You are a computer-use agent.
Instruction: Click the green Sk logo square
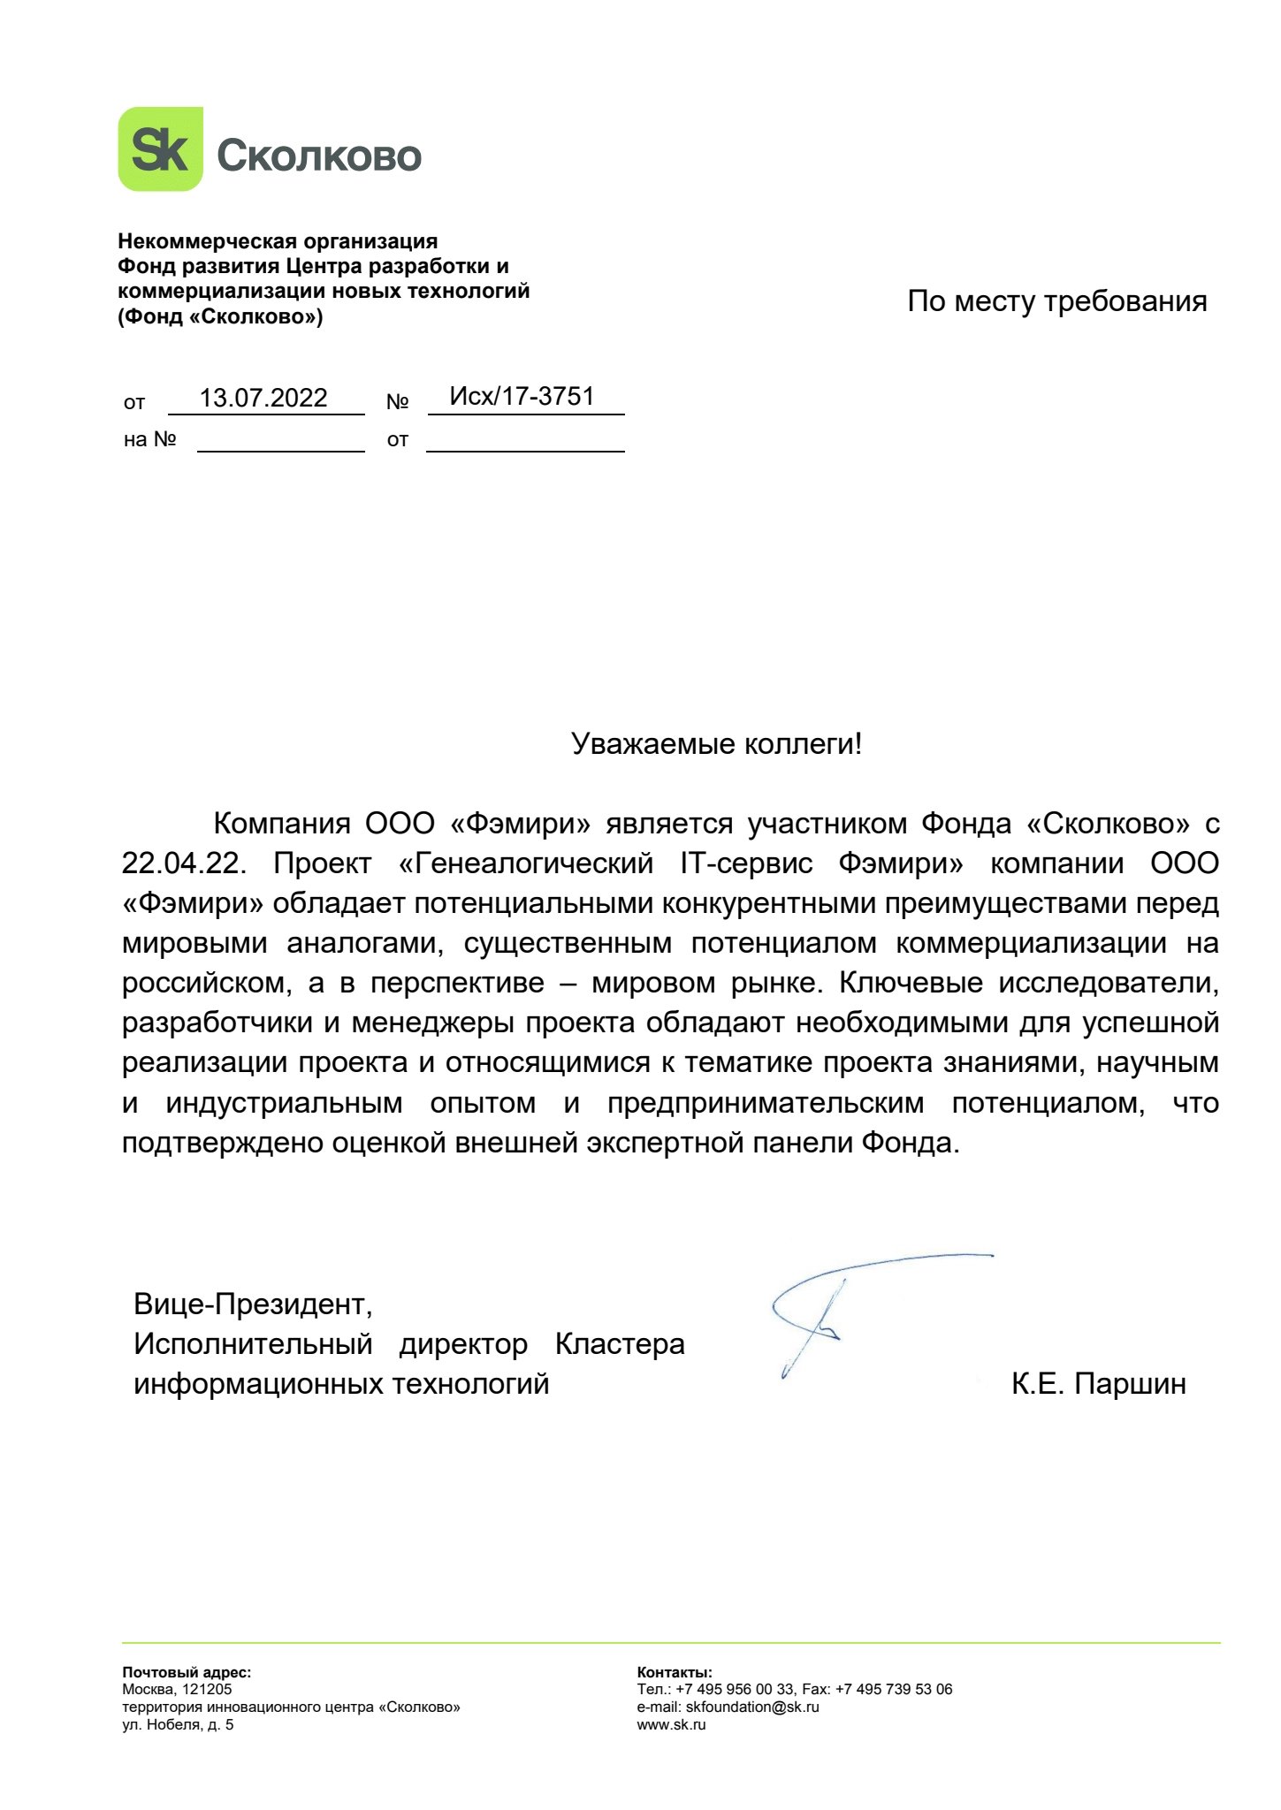[x=160, y=149]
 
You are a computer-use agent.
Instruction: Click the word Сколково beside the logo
[x=319, y=156]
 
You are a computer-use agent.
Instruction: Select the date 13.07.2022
[x=263, y=398]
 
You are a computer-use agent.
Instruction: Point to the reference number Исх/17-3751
[x=522, y=396]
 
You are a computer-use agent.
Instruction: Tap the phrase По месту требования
[x=1056, y=301]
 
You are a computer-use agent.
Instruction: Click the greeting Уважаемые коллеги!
[x=716, y=743]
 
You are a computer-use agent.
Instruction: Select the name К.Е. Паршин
[x=1098, y=1383]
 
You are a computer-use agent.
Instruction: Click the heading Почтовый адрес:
[x=187, y=1672]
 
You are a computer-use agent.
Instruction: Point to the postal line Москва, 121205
[x=177, y=1689]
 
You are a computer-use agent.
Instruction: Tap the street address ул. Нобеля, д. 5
[x=178, y=1724]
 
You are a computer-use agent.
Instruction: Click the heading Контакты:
[x=675, y=1672]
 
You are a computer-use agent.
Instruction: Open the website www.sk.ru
[x=671, y=1724]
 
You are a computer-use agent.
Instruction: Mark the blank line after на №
[x=280, y=441]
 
